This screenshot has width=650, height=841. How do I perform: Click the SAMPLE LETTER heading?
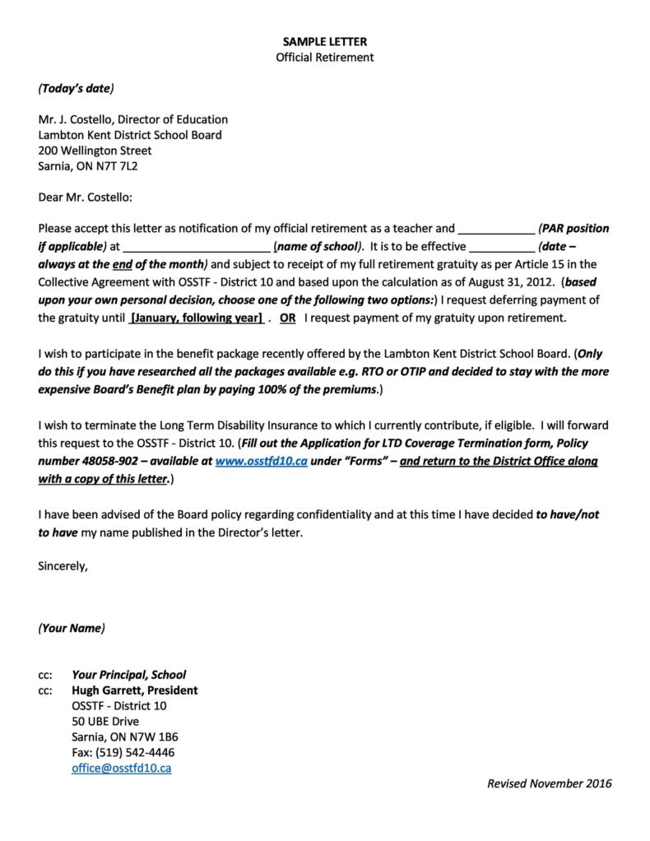pyautogui.click(x=324, y=41)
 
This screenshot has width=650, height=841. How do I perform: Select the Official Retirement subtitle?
pyautogui.click(x=324, y=57)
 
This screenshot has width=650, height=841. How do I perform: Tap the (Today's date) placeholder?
pyautogui.click(x=76, y=88)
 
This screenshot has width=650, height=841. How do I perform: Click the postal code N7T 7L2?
pyautogui.click(x=123, y=166)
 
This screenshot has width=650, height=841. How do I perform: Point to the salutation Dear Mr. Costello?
pyautogui.click(x=85, y=197)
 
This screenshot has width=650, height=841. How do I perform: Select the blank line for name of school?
pyautogui.click(x=197, y=246)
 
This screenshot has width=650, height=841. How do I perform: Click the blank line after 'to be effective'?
pyautogui.click(x=501, y=246)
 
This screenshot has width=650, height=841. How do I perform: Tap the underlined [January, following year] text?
pyautogui.click(x=197, y=318)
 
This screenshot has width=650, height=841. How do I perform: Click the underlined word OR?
pyautogui.click(x=288, y=318)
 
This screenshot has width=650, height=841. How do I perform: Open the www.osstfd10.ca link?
pyautogui.click(x=261, y=462)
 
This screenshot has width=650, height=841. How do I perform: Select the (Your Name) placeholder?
pyautogui.click(x=72, y=628)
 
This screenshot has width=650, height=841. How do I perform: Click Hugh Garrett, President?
pyautogui.click(x=134, y=690)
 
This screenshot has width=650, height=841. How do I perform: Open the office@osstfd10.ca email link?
pyautogui.click(x=121, y=768)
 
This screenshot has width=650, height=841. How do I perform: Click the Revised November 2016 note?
pyautogui.click(x=549, y=783)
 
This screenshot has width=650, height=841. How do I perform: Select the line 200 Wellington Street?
pyautogui.click(x=95, y=151)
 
